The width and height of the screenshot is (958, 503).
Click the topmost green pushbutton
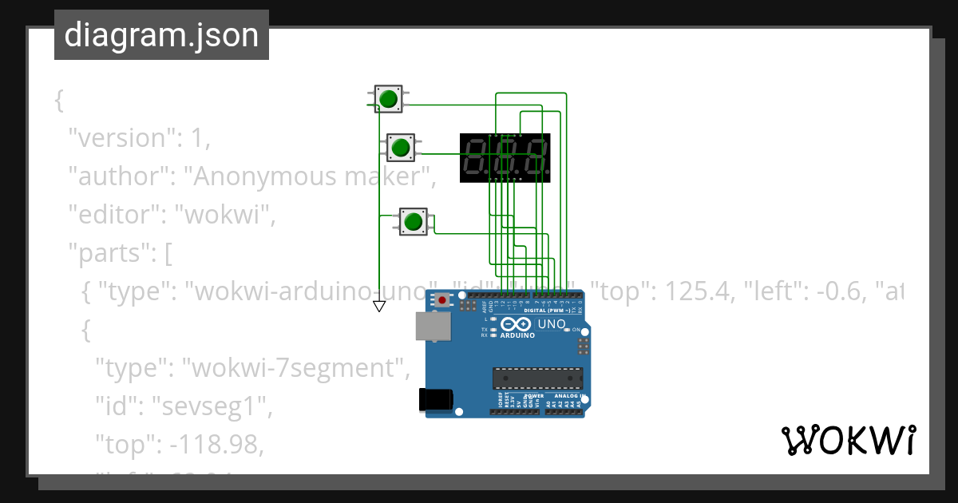(x=389, y=99)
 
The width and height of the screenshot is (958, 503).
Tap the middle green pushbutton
(x=400, y=147)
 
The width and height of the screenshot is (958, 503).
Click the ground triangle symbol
(x=379, y=306)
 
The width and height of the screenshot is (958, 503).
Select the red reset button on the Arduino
(x=442, y=300)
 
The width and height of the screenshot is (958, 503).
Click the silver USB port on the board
(x=432, y=327)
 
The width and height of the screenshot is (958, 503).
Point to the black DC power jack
(x=436, y=399)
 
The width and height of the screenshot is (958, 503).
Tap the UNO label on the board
(x=550, y=324)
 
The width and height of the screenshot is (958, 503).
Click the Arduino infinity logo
(x=517, y=325)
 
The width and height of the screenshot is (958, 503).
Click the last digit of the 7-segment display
(x=537, y=157)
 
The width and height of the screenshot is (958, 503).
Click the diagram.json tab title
(x=161, y=35)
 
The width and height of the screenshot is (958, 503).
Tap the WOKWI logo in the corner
(x=848, y=440)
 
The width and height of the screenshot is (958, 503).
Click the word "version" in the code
(x=121, y=138)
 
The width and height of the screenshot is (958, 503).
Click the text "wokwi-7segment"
(x=296, y=368)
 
